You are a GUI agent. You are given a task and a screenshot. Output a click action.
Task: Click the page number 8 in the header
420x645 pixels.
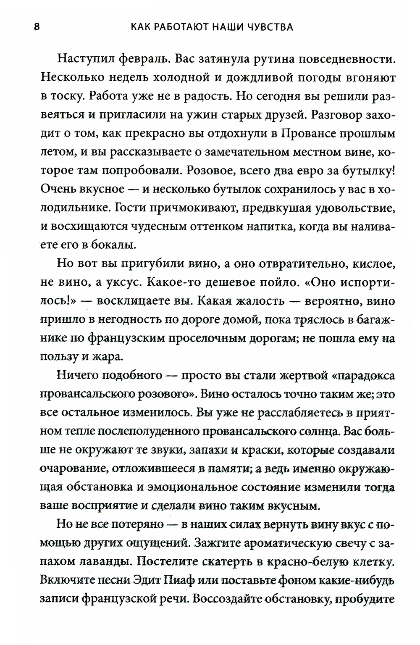[x=37, y=27]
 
